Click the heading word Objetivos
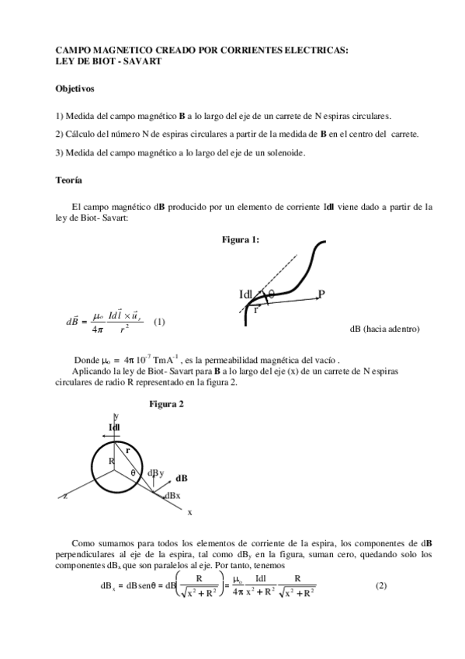[75, 89]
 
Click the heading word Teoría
[68, 180]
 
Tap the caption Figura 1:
[241, 239]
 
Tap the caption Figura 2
[166, 405]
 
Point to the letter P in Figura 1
[321, 294]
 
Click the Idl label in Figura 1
[247, 295]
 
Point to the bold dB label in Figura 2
[181, 478]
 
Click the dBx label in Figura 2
[172, 495]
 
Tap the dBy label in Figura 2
[155, 472]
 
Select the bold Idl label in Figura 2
[114, 427]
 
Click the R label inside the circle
[111, 462]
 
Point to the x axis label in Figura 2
[189, 512]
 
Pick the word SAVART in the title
[141, 61]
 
